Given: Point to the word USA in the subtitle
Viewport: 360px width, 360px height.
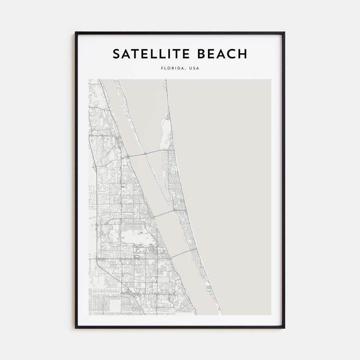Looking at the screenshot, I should pos(194,68).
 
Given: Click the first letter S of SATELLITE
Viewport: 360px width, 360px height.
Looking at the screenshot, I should pos(116,54).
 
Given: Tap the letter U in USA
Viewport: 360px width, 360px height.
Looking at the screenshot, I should pos(190,68).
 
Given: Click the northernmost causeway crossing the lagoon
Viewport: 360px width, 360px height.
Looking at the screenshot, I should pos(146,152).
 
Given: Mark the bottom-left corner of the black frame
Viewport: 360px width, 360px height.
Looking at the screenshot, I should pos(76,328).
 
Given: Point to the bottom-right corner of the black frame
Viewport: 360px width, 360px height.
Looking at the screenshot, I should pos(284,328).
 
